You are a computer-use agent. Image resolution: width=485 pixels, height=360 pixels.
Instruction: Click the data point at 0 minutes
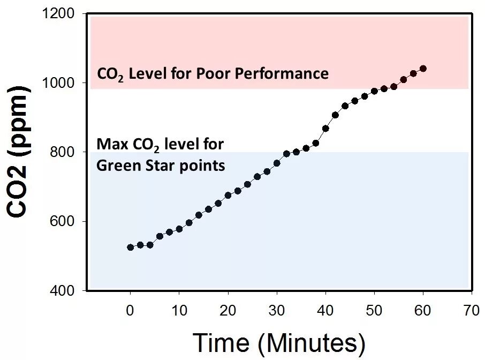tap(130, 247)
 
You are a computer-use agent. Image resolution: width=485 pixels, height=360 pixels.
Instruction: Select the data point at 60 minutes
tap(423, 69)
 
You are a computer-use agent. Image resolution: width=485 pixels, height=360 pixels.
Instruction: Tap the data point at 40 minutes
tap(325, 128)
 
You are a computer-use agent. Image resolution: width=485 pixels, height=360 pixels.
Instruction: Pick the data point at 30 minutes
tap(277, 163)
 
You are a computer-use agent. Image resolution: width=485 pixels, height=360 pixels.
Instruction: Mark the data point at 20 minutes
tap(228, 195)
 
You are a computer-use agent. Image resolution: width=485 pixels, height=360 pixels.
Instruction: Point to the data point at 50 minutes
tap(374, 91)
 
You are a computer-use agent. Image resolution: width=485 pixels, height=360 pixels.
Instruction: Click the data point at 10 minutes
tap(179, 229)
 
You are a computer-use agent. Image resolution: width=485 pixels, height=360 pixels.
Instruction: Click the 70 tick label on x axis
tap(471, 311)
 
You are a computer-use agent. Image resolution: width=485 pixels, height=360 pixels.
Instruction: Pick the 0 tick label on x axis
tap(130, 311)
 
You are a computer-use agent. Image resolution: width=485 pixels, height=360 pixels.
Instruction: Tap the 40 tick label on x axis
tap(325, 311)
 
